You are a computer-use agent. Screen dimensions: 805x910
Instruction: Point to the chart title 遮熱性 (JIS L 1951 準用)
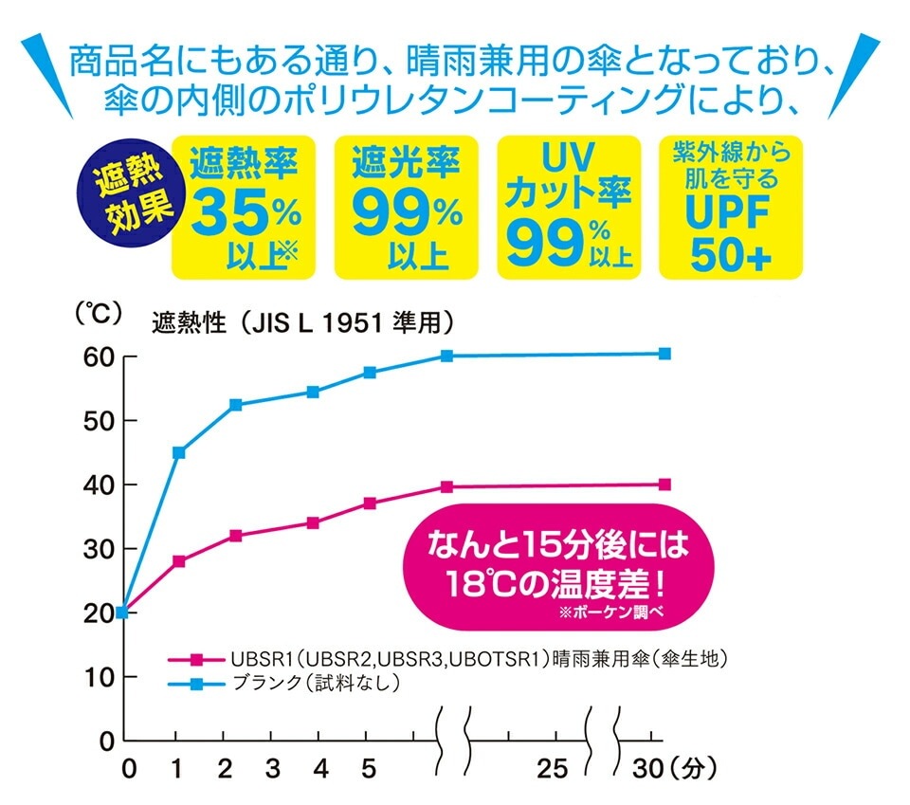point(301,323)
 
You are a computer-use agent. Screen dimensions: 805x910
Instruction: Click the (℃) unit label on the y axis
point(99,315)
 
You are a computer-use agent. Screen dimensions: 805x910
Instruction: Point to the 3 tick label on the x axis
point(272,766)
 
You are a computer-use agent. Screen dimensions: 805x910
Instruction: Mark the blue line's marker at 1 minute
point(178,452)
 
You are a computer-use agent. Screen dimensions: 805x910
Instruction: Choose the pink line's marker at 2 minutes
point(235,536)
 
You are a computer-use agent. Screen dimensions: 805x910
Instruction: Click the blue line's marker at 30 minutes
point(664,354)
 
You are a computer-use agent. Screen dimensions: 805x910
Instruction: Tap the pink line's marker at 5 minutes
point(370,503)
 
